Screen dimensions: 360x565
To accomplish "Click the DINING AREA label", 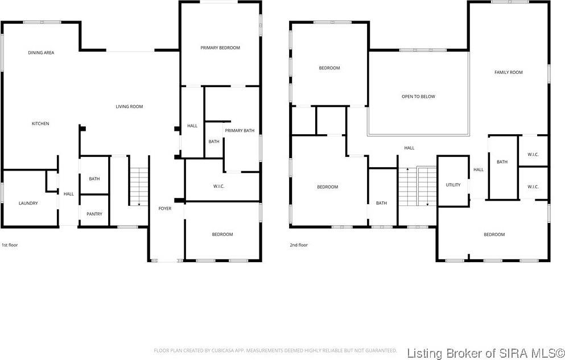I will pos(41,53).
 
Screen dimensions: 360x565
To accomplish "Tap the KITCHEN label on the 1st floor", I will pos(40,123).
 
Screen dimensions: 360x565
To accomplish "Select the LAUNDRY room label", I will pos(28,203).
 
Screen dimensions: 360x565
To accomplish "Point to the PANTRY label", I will pos(94,214).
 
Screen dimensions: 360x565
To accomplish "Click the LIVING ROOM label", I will pos(129,106).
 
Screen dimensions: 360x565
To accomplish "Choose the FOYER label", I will pos(164,209).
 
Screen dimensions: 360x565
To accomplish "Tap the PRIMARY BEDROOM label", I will pos(220,48).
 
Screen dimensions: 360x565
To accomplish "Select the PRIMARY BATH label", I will pos(240,131).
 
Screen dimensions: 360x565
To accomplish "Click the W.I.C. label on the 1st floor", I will pos(219,187).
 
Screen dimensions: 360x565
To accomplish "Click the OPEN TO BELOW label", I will pos(418,97).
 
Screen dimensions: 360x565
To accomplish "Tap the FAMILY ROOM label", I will pos(508,72).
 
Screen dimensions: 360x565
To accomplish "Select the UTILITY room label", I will pos(453,185).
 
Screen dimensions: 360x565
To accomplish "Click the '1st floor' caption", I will pos(10,245).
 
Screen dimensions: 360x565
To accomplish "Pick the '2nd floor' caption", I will pos(299,245).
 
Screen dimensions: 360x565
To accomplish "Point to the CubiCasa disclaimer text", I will pos(275,350).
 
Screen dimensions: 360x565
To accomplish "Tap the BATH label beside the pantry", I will pos(94,179).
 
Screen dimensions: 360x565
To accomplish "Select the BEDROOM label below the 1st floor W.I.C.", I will pos(222,234).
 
